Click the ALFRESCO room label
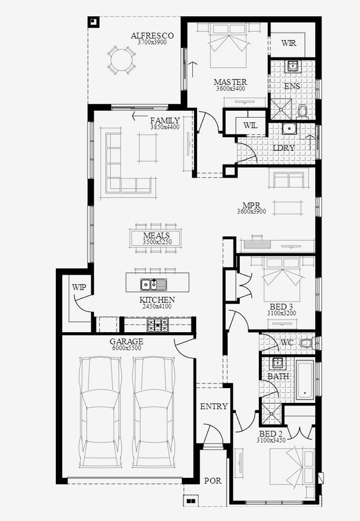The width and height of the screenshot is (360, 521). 152,35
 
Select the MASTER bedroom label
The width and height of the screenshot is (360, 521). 230,82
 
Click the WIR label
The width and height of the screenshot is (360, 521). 289,43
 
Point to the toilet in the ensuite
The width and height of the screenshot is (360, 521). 302,111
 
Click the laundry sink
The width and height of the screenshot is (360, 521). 289,128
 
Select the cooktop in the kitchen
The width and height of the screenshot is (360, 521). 158,325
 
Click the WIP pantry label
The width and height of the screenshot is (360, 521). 79,287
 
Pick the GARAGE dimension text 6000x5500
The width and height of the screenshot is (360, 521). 127,348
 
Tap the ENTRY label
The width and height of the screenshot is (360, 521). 214,406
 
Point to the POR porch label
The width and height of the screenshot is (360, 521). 212,480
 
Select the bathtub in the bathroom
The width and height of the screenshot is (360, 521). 305,380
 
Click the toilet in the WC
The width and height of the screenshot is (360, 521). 307,343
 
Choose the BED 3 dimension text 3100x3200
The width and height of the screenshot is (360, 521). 281,313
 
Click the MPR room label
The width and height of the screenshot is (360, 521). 251,206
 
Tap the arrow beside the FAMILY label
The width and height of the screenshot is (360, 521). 140,117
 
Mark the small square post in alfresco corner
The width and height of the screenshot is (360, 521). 93,22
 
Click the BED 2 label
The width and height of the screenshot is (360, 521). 271,434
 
